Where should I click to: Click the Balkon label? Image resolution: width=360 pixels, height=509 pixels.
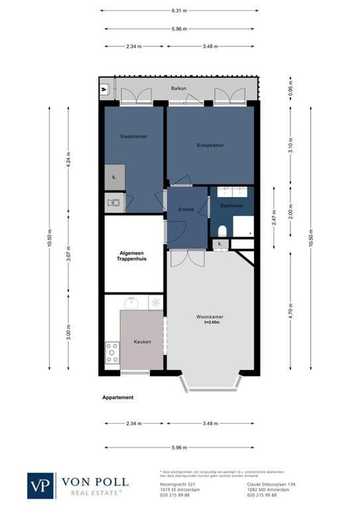pos(179,89)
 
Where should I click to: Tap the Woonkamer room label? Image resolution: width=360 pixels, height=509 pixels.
pos(210,317)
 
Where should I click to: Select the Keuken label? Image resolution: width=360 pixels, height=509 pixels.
pos(142,342)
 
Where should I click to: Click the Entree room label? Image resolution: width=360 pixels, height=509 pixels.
pos(186,209)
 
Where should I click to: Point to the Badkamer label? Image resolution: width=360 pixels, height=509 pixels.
pos(232,206)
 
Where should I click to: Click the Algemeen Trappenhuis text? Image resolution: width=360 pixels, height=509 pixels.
pos(134,256)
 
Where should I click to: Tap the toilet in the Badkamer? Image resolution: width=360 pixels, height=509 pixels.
pos(223,230)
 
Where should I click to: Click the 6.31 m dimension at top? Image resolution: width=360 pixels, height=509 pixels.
pos(179,10)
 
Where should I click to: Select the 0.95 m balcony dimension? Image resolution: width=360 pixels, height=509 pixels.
pos(291,89)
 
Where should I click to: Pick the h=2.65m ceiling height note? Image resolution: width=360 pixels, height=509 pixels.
pos(212,323)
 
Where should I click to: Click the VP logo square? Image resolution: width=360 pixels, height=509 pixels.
pos(41,485)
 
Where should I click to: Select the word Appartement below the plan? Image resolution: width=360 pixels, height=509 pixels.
pos(118,397)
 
